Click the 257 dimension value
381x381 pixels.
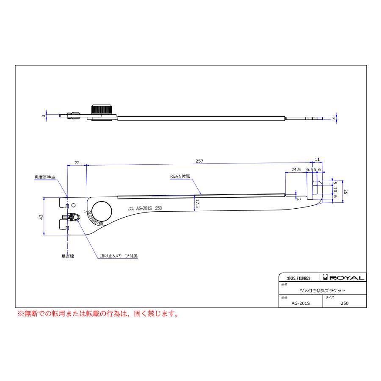pyautogui.click(x=199, y=161)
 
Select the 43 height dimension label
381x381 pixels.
pyautogui.click(x=41, y=216)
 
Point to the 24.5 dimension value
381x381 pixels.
pyautogui.click(x=296, y=169)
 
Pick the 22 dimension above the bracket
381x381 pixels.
pyautogui.click(x=77, y=163)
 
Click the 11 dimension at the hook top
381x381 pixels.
pyautogui.click(x=317, y=159)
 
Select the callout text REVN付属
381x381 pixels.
pyautogui.click(x=180, y=176)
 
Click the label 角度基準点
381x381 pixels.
pyautogui.click(x=45, y=177)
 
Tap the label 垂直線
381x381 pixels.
pyautogui.click(x=67, y=256)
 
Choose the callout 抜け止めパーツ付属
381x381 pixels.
pyautogui.click(x=119, y=256)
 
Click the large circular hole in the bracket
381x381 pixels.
pyautogui.click(x=102, y=211)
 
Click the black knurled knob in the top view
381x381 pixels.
pyautogui.click(x=102, y=110)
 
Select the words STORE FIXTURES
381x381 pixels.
pyautogui.click(x=298, y=278)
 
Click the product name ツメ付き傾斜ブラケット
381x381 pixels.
pyautogui.click(x=323, y=290)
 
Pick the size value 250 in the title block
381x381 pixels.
pyautogui.click(x=345, y=303)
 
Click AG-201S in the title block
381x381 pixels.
pyautogui.click(x=301, y=303)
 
